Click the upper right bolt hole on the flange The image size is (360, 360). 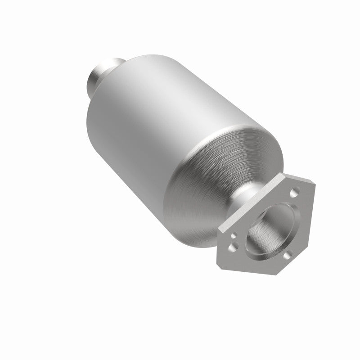pos(293,194)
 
